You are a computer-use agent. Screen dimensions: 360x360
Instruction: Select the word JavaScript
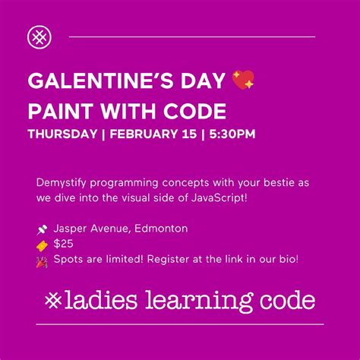pyautogui.click(x=227, y=197)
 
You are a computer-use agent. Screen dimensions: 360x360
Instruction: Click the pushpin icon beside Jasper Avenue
pyautogui.click(x=42, y=229)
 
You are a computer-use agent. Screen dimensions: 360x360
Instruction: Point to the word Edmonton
pyautogui.click(x=156, y=228)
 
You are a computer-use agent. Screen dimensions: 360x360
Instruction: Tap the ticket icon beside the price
pyautogui.click(x=42, y=244)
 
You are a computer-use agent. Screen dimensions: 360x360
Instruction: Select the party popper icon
pyautogui.click(x=42, y=260)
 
